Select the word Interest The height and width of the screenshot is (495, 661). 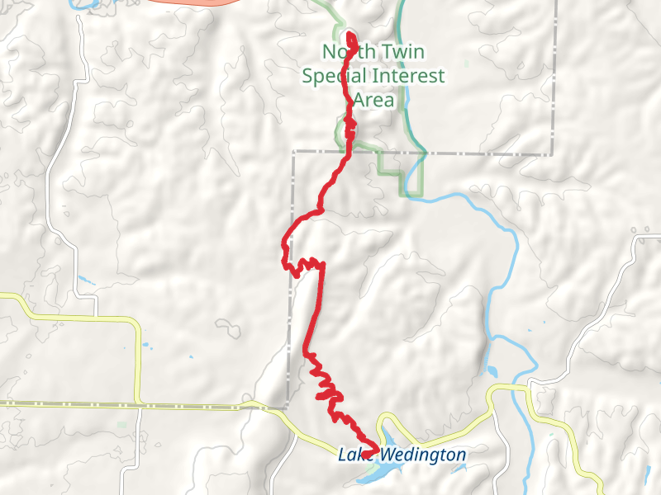(x=410, y=77)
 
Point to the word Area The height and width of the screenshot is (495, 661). (x=373, y=101)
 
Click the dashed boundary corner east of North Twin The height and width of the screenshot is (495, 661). (x=552, y=153)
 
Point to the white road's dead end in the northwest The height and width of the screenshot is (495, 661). (x=79, y=16)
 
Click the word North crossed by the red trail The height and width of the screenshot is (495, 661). (x=340, y=53)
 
